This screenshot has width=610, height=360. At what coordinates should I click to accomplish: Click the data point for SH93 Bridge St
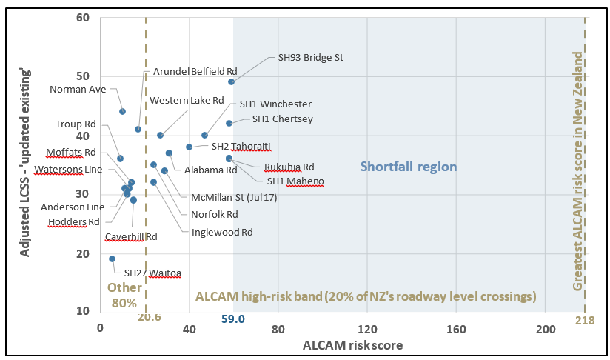(x=231, y=82)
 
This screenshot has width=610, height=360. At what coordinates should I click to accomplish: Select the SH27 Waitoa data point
(x=112, y=259)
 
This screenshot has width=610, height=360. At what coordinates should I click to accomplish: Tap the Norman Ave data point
(x=122, y=112)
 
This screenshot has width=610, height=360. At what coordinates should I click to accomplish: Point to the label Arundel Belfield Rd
(x=195, y=72)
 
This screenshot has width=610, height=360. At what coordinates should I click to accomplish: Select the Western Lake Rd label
(x=187, y=100)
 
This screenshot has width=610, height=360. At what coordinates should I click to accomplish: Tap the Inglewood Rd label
(x=222, y=232)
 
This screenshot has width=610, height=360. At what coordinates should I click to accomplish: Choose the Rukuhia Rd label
(x=289, y=167)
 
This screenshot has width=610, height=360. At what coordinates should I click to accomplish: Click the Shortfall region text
(x=409, y=167)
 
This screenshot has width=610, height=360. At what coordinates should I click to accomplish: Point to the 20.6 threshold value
(x=149, y=318)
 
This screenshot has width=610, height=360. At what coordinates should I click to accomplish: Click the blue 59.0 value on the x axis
(x=233, y=319)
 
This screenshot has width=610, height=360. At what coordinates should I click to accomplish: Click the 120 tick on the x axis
(x=367, y=328)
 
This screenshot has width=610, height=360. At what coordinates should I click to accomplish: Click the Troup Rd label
(x=76, y=124)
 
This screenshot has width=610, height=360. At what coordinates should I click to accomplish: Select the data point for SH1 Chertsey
(x=229, y=123)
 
